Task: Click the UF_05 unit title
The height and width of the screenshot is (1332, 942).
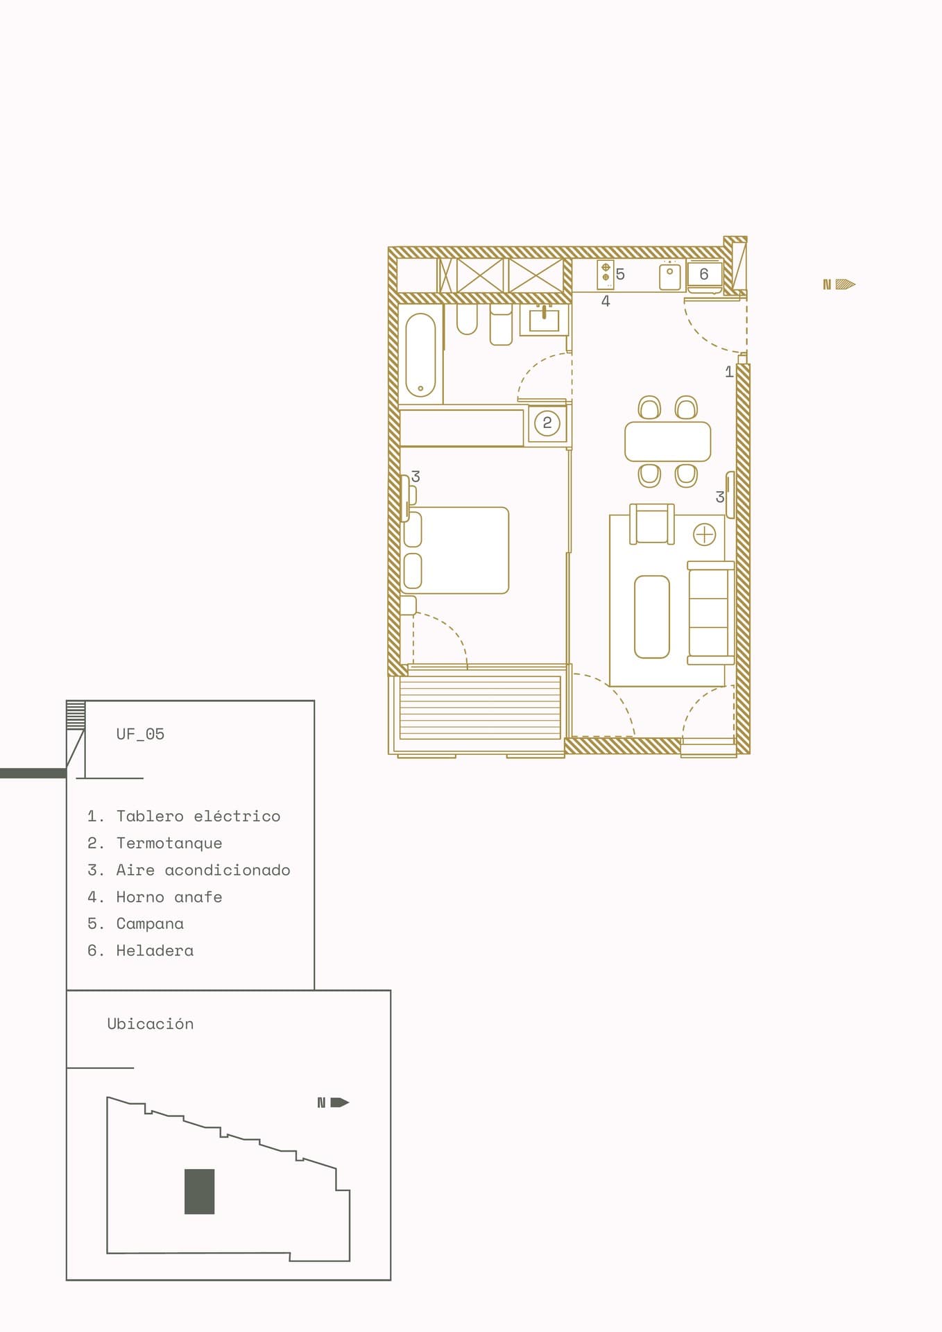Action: (140, 734)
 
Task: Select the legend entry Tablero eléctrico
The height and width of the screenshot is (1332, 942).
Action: (184, 816)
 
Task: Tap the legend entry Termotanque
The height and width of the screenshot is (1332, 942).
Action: (155, 843)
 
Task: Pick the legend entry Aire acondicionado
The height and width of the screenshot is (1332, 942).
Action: (189, 870)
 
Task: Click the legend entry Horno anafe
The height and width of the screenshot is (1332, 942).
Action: (155, 897)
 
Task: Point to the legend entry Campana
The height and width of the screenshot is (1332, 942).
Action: (135, 923)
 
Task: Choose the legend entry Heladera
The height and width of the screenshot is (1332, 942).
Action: (140, 950)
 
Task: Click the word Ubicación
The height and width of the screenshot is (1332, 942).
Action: (151, 1024)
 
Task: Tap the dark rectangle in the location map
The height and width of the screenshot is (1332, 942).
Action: (199, 1192)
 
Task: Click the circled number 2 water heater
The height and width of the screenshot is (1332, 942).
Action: (547, 422)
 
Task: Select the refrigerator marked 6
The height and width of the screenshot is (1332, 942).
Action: (705, 275)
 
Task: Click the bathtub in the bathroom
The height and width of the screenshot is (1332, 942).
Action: (420, 355)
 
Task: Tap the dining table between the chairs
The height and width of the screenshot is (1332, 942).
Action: (667, 441)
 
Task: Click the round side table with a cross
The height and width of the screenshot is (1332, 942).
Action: (705, 535)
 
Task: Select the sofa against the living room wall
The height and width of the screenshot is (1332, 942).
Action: (710, 613)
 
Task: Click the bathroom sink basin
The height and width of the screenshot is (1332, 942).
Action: (545, 320)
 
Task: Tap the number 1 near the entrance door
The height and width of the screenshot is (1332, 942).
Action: (729, 372)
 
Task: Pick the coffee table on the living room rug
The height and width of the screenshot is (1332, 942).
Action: (652, 616)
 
